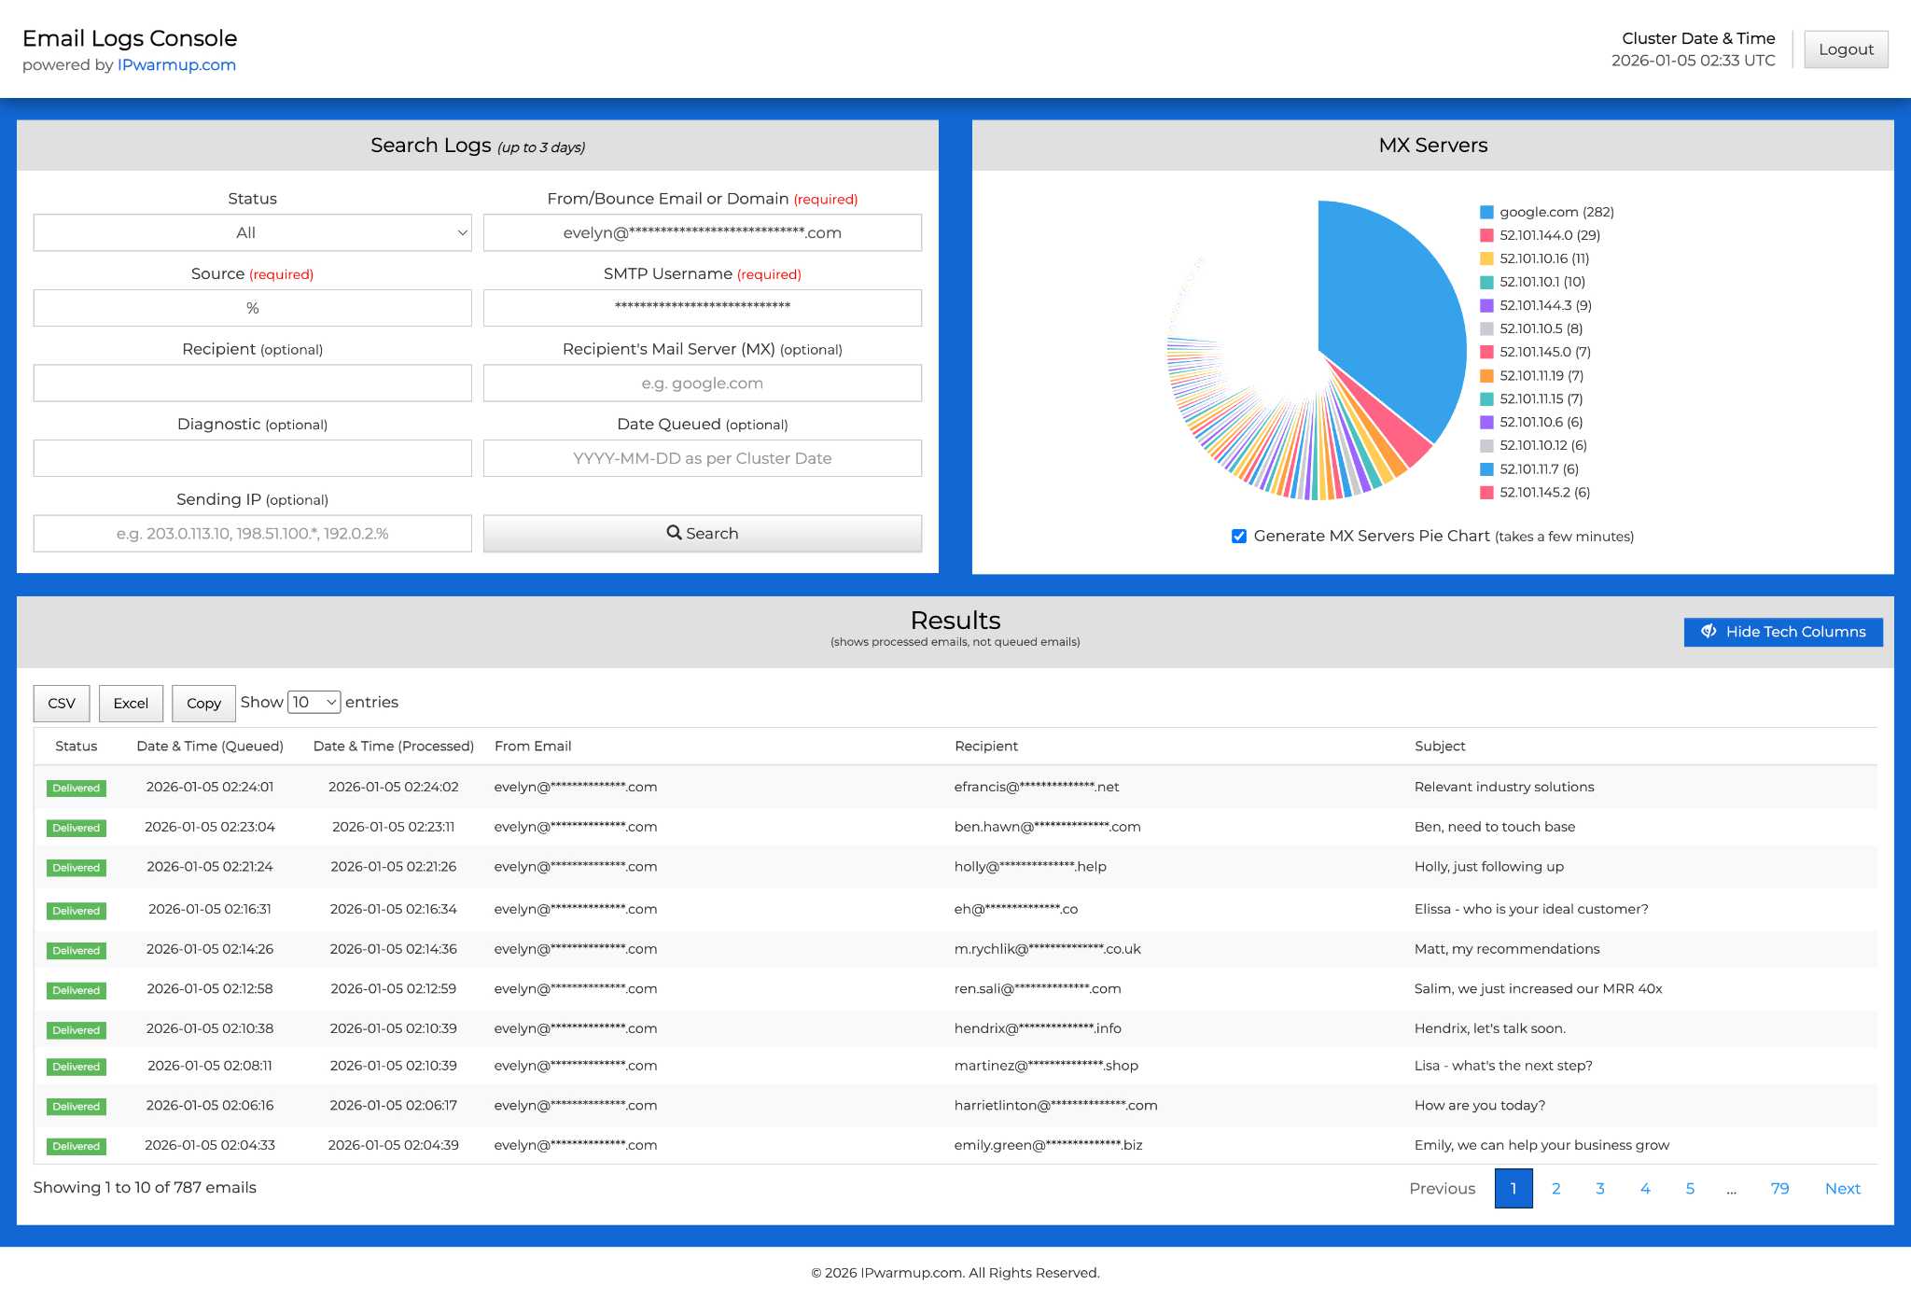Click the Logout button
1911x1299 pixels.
pyautogui.click(x=1845, y=49)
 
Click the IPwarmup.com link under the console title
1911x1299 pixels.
pyautogui.click(x=176, y=65)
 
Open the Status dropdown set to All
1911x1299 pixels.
pyautogui.click(x=252, y=233)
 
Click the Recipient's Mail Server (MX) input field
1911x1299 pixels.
pyautogui.click(x=702, y=384)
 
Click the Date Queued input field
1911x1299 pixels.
pyautogui.click(x=702, y=459)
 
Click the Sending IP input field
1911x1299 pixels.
pyautogui.click(x=252, y=534)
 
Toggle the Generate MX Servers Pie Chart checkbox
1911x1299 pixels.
pyautogui.click(x=1239, y=537)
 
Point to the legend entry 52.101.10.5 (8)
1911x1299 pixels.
pyautogui.click(x=1541, y=329)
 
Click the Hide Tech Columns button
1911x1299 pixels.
pyautogui.click(x=1782, y=632)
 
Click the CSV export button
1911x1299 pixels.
pyautogui.click(x=62, y=704)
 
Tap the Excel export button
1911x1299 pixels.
pyautogui.click(x=131, y=704)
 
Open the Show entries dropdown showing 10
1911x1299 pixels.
pyautogui.click(x=314, y=703)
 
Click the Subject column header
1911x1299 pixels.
pyautogui.click(x=1440, y=747)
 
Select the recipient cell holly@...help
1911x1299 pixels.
pyautogui.click(x=1029, y=867)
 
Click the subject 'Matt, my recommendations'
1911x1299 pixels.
pyautogui.click(x=1506, y=949)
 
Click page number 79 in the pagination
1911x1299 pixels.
pyautogui.click(x=1779, y=1189)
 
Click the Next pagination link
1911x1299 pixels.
pyautogui.click(x=1842, y=1189)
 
